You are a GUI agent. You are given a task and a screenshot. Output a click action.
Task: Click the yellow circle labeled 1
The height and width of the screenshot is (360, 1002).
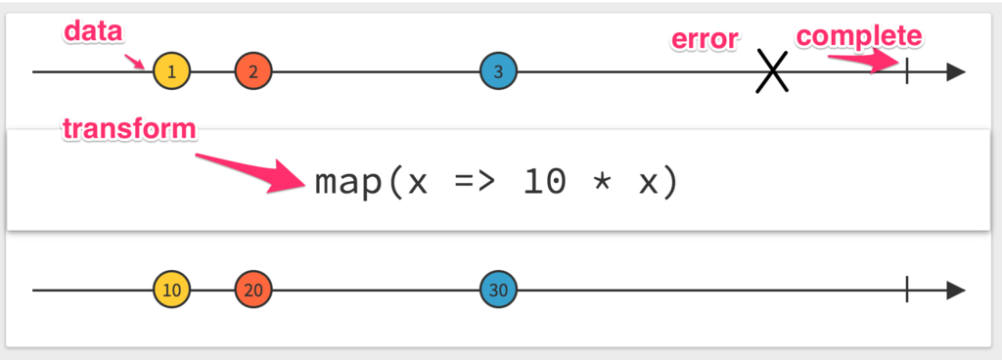pyautogui.click(x=171, y=71)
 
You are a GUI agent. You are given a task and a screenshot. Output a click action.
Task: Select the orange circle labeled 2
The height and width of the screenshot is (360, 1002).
pyautogui.click(x=252, y=71)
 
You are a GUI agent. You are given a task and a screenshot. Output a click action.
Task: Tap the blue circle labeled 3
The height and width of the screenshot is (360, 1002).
pyautogui.click(x=498, y=71)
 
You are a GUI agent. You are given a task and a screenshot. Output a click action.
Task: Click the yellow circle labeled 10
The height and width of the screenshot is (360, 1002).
pyautogui.click(x=171, y=291)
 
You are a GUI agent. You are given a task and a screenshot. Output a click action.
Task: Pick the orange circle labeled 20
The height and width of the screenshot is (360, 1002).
pyautogui.click(x=252, y=291)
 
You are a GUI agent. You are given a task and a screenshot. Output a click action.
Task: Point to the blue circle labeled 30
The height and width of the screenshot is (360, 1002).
pyautogui.click(x=498, y=291)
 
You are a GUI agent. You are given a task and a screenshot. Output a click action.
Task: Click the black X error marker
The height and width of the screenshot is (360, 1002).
pyautogui.click(x=772, y=71)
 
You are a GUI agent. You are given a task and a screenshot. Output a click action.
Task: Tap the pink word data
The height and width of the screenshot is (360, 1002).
pyautogui.click(x=94, y=31)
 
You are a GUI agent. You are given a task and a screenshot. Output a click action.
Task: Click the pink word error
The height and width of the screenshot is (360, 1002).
pyautogui.click(x=703, y=39)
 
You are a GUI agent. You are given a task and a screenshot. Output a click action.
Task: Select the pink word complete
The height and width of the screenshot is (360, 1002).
pyautogui.click(x=858, y=36)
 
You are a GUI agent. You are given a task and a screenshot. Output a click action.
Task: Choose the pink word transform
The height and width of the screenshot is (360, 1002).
pyautogui.click(x=129, y=129)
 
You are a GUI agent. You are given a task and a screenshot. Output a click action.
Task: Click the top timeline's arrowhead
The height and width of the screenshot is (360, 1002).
pyautogui.click(x=956, y=71)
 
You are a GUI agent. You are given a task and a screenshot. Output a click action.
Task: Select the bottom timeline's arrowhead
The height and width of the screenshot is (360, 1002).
pyautogui.click(x=956, y=291)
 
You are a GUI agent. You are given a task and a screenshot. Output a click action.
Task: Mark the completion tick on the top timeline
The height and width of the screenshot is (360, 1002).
pyautogui.click(x=907, y=71)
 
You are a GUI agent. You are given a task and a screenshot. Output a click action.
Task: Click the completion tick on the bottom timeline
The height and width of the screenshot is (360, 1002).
pyautogui.click(x=907, y=291)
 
